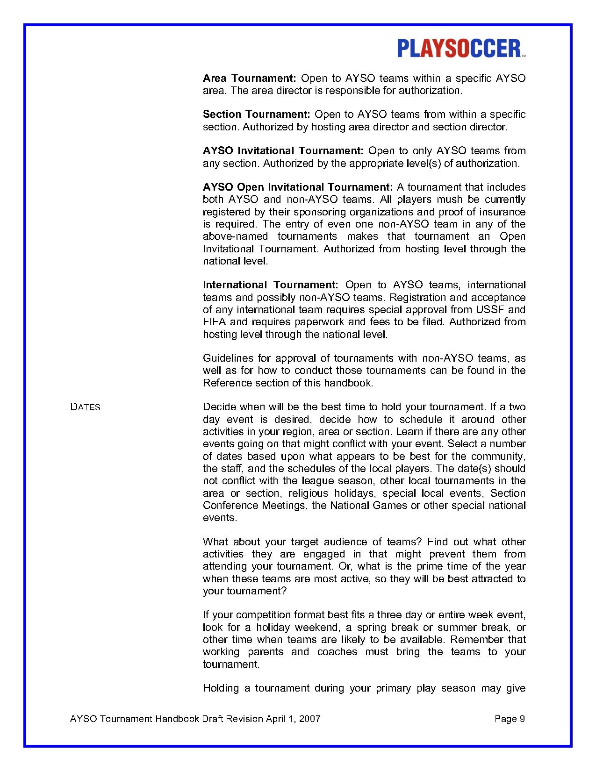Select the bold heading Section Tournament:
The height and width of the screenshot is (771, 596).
[256, 114]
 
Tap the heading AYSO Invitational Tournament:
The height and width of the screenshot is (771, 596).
[283, 151]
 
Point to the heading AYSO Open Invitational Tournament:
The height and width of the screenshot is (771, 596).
[298, 187]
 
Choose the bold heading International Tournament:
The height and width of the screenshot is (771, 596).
[270, 285]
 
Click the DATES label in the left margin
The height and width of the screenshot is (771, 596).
[85, 407]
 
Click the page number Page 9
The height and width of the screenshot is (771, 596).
[510, 719]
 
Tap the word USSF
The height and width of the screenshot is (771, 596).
[490, 310]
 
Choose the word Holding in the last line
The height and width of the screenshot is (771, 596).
[221, 688]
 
